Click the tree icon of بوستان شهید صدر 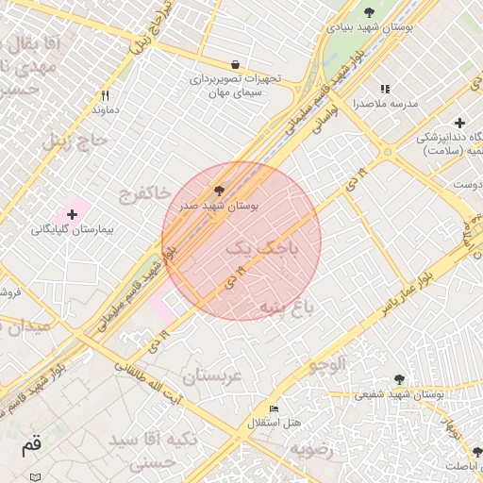pos(221,190)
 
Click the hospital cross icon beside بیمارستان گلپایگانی pos(72,215)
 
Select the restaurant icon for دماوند pos(105,95)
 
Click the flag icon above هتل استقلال pos(274,408)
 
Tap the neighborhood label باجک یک pos(260,249)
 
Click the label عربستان pos(212,375)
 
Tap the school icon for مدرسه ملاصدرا pos(385,90)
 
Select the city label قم pos(31,442)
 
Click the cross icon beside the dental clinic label pos(459,123)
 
